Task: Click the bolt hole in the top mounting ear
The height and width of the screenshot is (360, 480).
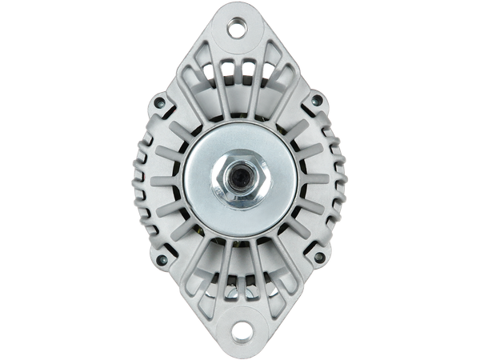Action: [237, 30]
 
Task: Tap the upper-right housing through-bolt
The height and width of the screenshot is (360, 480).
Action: [316, 101]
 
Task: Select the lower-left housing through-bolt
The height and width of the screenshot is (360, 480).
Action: [162, 258]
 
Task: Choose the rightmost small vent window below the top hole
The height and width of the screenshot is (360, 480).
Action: [264, 70]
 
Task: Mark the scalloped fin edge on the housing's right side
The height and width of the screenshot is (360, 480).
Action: [332, 179]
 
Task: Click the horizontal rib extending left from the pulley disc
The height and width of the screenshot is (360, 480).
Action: [164, 179]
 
